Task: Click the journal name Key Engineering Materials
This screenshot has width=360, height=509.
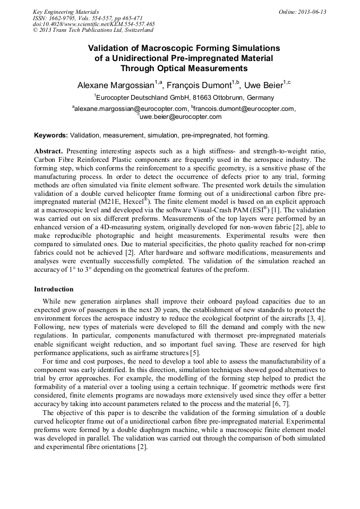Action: coord(66,12)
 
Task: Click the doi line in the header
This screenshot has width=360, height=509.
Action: coord(94,24)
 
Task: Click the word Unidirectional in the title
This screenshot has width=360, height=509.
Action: coord(149,58)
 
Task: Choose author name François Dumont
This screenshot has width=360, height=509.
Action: coord(203,85)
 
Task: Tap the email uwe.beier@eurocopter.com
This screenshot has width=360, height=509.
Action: coord(181,116)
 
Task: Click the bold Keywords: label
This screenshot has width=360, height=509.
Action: coord(51,135)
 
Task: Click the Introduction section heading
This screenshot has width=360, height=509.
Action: coord(54,289)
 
